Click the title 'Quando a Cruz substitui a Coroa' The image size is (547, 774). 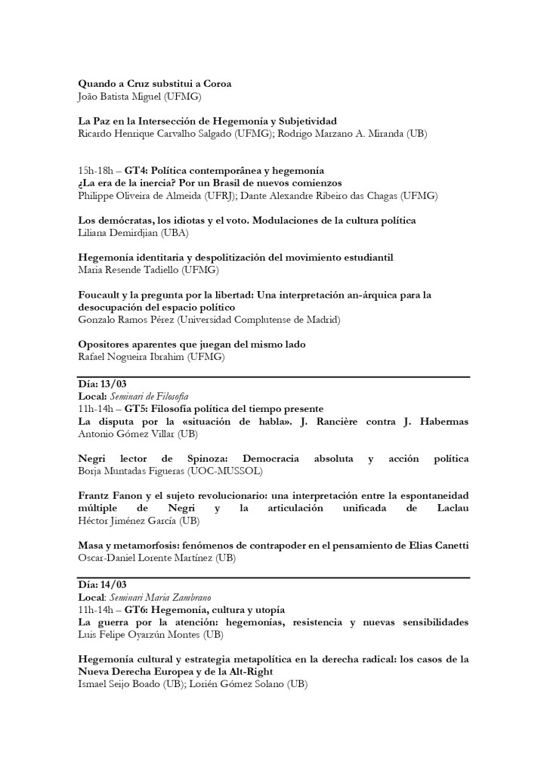tap(155, 84)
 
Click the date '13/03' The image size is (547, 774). tap(113, 385)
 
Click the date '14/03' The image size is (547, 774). tap(113, 586)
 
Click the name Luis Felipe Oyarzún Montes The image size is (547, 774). tap(139, 634)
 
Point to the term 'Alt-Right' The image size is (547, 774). tap(248, 671)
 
